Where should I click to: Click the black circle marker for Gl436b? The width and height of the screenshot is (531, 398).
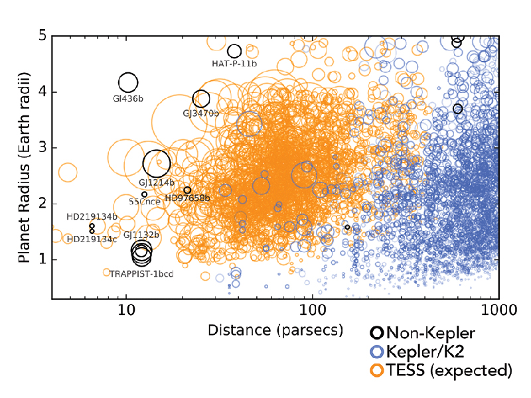point(128,82)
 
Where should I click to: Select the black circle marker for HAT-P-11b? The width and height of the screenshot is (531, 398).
point(234,51)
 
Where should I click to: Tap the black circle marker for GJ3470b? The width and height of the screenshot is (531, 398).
point(201,99)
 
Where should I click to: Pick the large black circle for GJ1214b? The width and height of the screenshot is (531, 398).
point(157,163)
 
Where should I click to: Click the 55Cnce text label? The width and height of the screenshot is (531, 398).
point(143,201)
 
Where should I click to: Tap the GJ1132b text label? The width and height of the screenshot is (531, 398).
point(141,235)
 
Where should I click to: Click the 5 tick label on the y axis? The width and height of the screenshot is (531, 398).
point(41,36)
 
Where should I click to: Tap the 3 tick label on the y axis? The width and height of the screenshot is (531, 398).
point(41,147)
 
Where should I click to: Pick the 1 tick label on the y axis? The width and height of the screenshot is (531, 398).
point(41,259)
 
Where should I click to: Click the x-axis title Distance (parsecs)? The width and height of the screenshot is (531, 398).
point(275,330)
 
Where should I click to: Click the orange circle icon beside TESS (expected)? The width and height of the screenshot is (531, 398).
point(377,369)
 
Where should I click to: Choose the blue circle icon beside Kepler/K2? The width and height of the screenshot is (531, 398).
point(377,352)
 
